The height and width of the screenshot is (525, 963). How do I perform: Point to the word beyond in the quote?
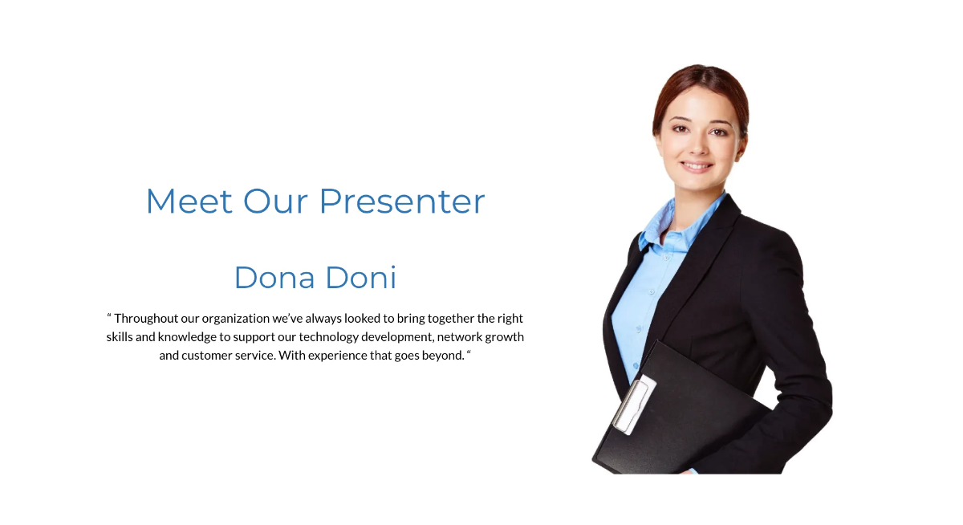click(x=442, y=356)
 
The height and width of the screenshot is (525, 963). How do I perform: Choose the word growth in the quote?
click(x=505, y=337)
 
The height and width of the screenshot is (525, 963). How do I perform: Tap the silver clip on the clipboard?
click(x=634, y=405)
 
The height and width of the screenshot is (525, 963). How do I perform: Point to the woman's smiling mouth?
click(x=697, y=167)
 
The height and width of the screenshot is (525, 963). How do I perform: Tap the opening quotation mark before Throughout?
click(x=109, y=317)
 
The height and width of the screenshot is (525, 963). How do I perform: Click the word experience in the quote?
click(x=336, y=356)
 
